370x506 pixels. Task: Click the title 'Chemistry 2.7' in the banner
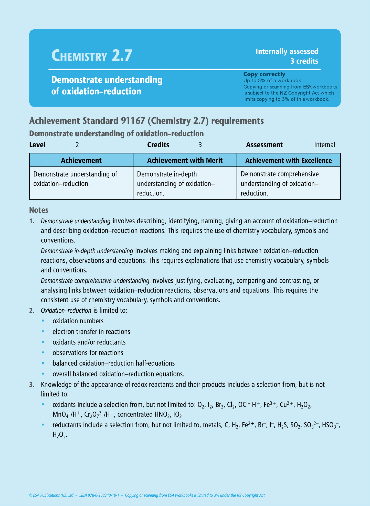(x=92, y=56)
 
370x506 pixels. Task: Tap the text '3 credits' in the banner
(x=304, y=61)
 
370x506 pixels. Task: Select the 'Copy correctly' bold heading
(x=264, y=74)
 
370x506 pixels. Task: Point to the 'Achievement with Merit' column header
(x=185, y=160)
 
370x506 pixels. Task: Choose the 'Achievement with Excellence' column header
(x=289, y=160)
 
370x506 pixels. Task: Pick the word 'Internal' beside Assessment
(x=324, y=145)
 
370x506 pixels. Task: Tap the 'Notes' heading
(x=39, y=210)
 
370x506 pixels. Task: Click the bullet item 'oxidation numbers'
(x=78, y=321)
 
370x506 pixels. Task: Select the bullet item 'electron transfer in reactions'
(x=91, y=332)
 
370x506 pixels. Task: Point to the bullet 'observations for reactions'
(x=88, y=353)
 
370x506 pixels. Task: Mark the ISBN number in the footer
(x=99, y=495)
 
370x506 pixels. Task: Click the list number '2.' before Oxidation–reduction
(x=32, y=311)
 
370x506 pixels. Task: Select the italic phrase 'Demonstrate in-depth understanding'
(x=87, y=251)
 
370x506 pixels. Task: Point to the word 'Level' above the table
(x=37, y=145)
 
